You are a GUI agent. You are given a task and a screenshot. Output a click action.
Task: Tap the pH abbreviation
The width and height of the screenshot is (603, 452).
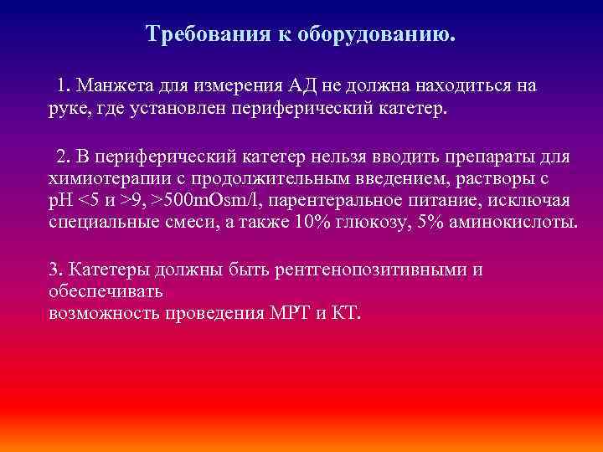coord(61,201)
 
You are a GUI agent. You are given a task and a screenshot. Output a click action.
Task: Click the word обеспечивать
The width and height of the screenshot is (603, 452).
coord(106,292)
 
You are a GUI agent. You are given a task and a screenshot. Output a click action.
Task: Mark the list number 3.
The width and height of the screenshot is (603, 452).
coord(55,270)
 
